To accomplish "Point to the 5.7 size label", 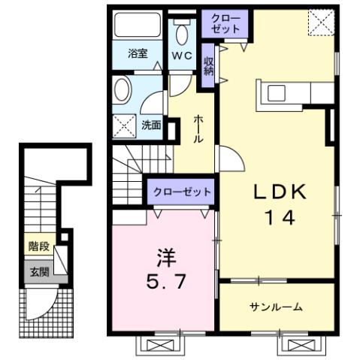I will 167,283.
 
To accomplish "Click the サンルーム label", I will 276,307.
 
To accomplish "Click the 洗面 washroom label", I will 152,126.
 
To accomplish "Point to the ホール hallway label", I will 198,129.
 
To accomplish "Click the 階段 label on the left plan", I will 38,246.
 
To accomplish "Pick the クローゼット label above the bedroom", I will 181,192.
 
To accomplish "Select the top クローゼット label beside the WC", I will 225,23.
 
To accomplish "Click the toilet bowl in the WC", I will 181,34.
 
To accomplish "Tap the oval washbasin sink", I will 122,92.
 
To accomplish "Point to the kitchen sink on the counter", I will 277,93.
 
